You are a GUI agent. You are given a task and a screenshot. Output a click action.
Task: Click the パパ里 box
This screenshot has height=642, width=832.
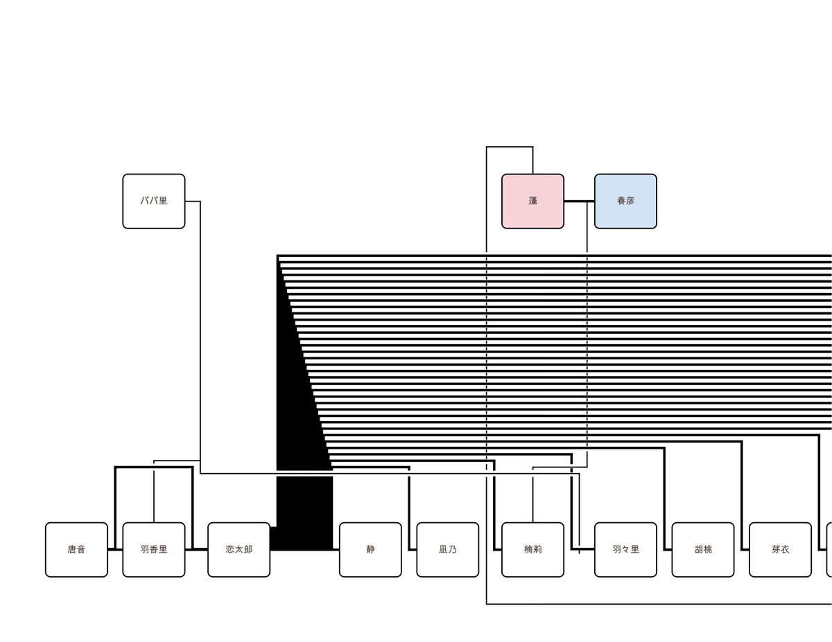(x=153, y=201)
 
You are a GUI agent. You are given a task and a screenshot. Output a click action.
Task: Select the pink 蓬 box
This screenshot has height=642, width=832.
(x=532, y=201)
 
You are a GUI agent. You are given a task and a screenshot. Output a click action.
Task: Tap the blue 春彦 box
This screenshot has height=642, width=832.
(x=625, y=201)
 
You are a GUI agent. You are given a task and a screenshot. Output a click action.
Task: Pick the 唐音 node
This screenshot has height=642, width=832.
(x=76, y=549)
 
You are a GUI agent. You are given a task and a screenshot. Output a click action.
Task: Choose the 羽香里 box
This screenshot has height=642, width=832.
(x=153, y=549)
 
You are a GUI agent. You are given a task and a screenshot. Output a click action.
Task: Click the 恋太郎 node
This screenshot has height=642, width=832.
(x=239, y=549)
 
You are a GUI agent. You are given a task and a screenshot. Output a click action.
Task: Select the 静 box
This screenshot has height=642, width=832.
(x=370, y=549)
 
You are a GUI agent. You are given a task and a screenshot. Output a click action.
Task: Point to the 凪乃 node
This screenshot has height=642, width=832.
(x=448, y=549)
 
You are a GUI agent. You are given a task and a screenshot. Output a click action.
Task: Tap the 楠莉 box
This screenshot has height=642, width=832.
(x=532, y=549)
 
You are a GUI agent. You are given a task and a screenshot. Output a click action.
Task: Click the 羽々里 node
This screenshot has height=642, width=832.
(x=625, y=549)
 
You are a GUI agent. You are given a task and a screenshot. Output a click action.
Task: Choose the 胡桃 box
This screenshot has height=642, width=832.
(x=702, y=549)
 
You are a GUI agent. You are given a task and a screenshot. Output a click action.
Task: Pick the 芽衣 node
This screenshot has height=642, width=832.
(x=780, y=549)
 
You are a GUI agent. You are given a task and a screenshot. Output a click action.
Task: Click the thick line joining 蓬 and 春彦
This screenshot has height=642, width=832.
(x=579, y=201)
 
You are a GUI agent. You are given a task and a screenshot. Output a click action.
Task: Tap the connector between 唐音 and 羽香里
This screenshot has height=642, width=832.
(x=115, y=549)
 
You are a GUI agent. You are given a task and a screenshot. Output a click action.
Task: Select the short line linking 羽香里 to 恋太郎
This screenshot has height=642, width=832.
(x=196, y=549)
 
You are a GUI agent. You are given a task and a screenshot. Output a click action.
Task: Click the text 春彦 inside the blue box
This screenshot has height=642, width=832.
(x=625, y=201)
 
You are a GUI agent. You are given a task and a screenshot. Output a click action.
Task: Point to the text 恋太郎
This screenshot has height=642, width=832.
(x=239, y=549)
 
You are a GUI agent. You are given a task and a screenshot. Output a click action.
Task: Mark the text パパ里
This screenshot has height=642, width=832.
(x=153, y=201)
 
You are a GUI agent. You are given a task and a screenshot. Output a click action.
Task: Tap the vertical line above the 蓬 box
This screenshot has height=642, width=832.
(x=532, y=160)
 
